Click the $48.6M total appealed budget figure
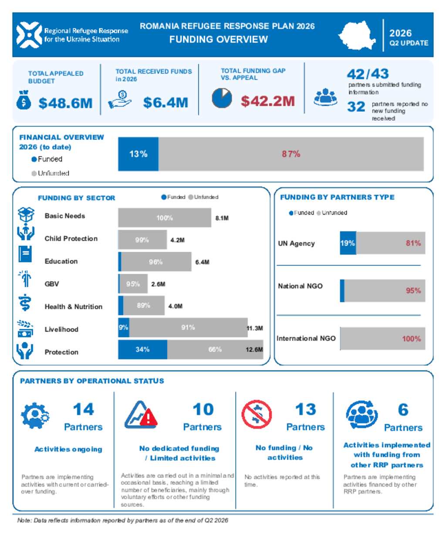(x=65, y=103)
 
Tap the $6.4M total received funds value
(x=166, y=102)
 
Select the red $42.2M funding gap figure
(x=268, y=101)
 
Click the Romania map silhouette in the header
(x=357, y=35)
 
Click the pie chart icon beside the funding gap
(x=222, y=98)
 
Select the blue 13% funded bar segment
(x=138, y=154)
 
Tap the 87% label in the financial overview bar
(x=291, y=154)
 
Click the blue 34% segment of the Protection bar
(x=142, y=349)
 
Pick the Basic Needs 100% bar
(x=165, y=218)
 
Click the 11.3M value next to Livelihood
(x=255, y=328)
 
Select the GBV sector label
(x=51, y=284)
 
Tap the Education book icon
(x=25, y=254)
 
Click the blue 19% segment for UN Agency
(x=348, y=243)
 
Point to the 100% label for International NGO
(x=411, y=338)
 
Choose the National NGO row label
(x=300, y=286)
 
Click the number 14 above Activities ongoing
(x=83, y=409)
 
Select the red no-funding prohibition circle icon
(x=257, y=414)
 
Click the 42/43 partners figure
(x=368, y=74)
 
